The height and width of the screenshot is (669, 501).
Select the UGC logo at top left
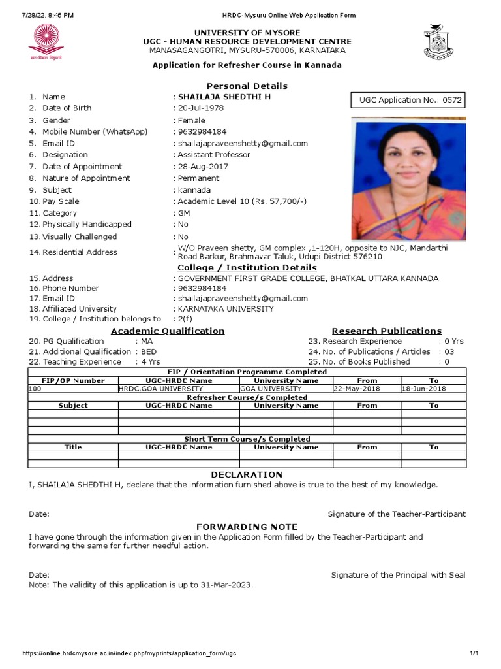coord(45,41)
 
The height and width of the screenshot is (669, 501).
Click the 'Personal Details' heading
coord(247,86)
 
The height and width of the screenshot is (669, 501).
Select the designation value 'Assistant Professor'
coord(214,155)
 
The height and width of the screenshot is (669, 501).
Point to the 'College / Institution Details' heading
coord(247,268)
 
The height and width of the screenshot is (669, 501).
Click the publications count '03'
coord(449,351)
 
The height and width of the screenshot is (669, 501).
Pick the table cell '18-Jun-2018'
coord(423,389)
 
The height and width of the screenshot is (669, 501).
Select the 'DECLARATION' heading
coord(247,474)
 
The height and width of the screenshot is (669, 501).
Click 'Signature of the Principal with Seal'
coord(398,575)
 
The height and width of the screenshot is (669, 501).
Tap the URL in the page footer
coord(130,654)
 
